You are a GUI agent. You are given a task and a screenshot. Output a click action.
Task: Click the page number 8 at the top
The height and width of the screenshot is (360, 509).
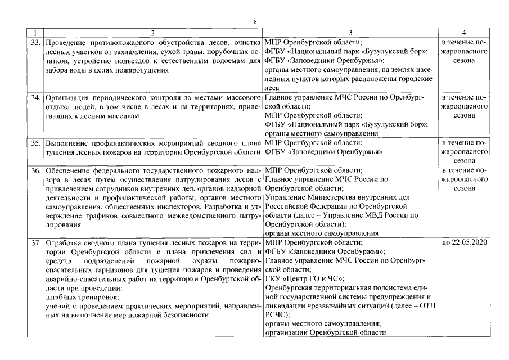coord(255,21)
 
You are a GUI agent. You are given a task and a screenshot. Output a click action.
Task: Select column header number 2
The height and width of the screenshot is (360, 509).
coord(152,33)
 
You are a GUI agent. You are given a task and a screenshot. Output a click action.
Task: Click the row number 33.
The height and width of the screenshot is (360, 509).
coord(35,42)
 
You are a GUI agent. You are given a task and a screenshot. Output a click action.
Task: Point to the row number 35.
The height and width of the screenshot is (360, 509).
coord(35,143)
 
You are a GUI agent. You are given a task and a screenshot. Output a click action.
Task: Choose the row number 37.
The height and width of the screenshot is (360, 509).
coord(35,242)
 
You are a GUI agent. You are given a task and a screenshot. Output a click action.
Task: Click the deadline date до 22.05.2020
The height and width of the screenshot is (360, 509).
coord(464,242)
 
